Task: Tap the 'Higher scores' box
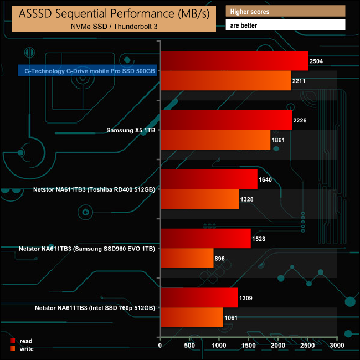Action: click(x=285, y=11)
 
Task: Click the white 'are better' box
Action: click(x=285, y=25)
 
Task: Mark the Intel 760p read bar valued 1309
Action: click(x=199, y=297)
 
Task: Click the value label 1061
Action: click(x=233, y=317)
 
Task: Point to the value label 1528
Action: click(x=260, y=239)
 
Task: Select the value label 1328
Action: click(x=249, y=199)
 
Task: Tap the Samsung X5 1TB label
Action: click(x=130, y=130)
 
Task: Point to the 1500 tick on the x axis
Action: click(x=249, y=346)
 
